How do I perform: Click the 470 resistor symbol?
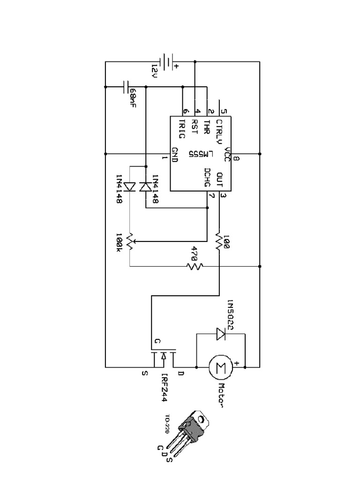click(x=195, y=266)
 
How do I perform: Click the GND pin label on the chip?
click(x=174, y=154)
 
